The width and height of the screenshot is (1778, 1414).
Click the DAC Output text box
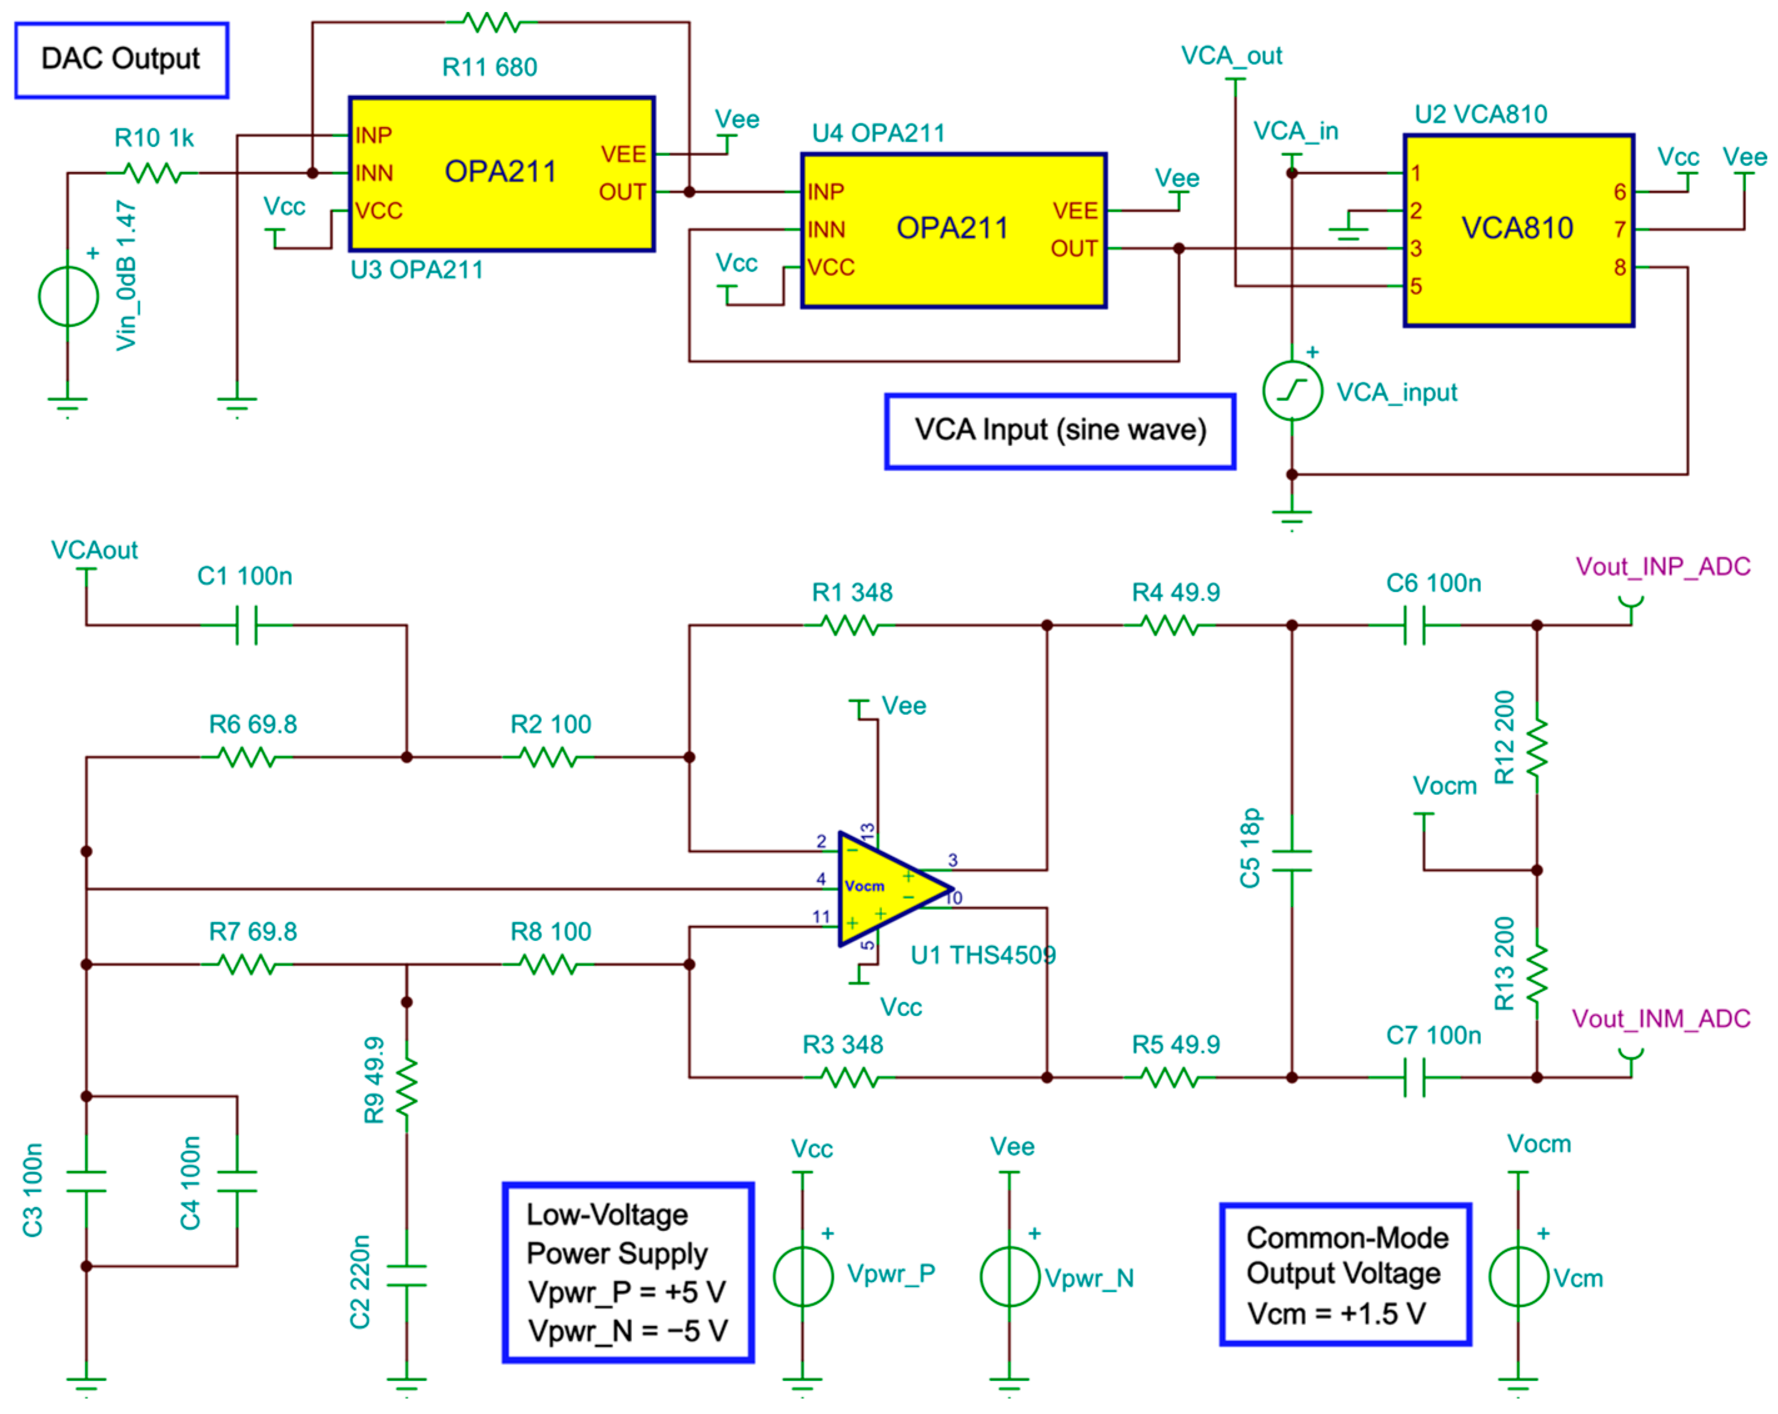pyautogui.click(x=121, y=60)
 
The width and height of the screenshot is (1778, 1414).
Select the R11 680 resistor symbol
pyautogui.click(x=491, y=23)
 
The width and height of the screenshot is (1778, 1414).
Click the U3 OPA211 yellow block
pyautogui.click(x=501, y=173)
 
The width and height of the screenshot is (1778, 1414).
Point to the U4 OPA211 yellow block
pyautogui.click(x=953, y=230)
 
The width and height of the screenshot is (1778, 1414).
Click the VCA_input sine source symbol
pyautogui.click(x=1292, y=390)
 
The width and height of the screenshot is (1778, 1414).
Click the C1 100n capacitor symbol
pyautogui.click(x=246, y=625)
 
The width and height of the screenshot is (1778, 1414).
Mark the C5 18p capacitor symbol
pyautogui.click(x=1292, y=861)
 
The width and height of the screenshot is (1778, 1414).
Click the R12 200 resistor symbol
pyautogui.click(x=1537, y=748)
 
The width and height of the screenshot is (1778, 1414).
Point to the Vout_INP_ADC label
pyautogui.click(x=1662, y=566)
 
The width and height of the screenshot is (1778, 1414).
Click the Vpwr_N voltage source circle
pyautogui.click(x=1010, y=1276)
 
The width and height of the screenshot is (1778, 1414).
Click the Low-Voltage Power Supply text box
pyautogui.click(x=628, y=1272)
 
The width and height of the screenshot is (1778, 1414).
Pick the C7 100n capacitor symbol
pyautogui.click(x=1414, y=1078)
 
